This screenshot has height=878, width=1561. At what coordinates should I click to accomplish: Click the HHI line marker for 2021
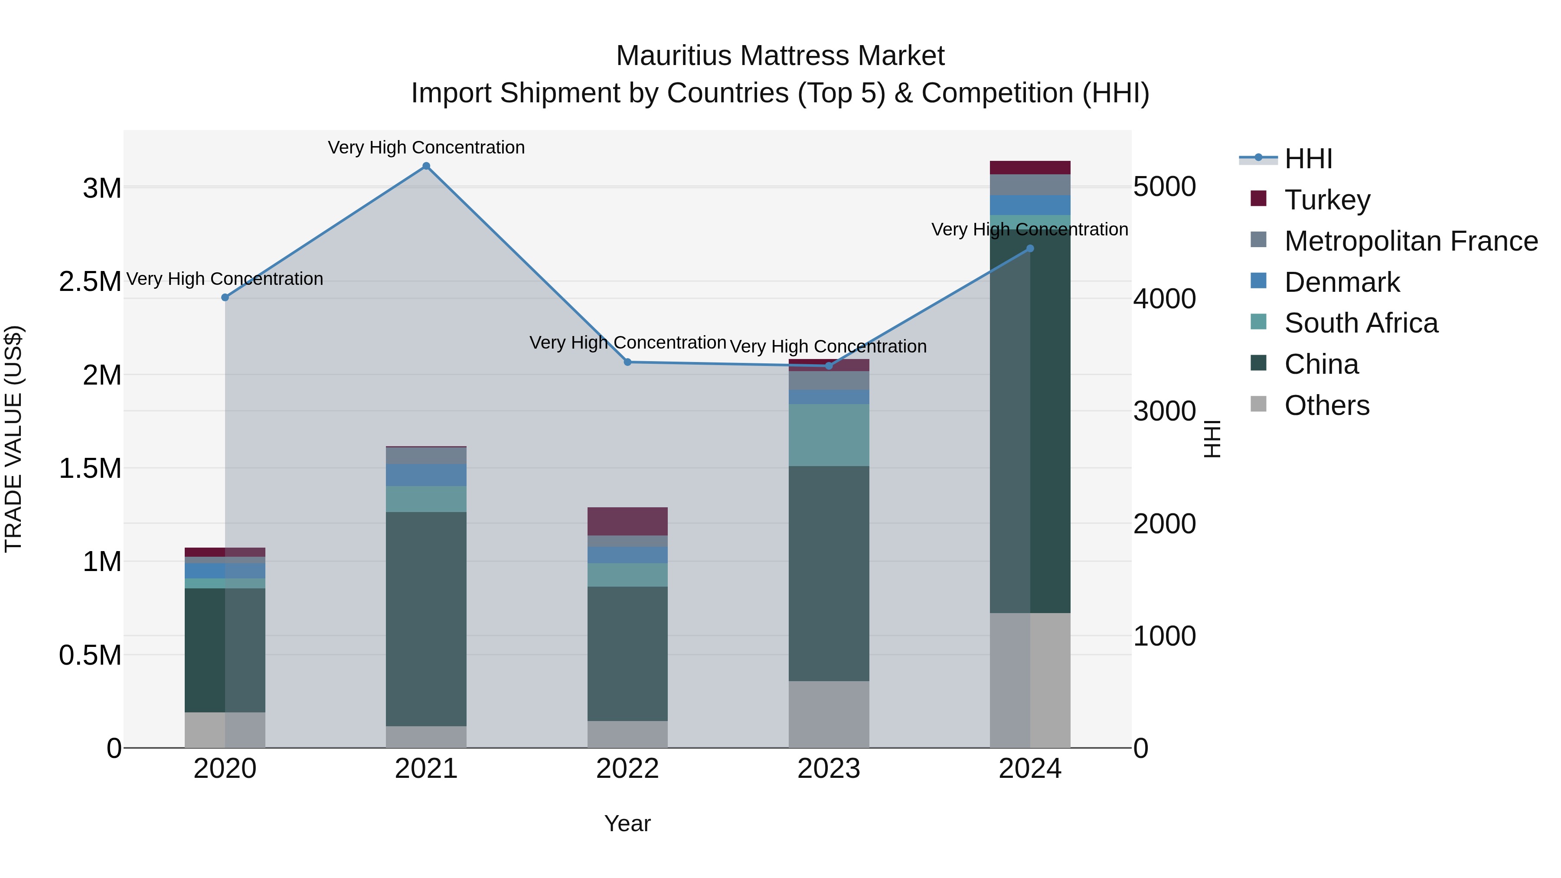[426, 166]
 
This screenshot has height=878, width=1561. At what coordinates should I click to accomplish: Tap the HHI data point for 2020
[225, 297]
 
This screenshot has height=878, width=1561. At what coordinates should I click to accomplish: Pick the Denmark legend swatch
[1259, 281]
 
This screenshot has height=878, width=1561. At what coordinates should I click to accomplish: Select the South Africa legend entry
[1360, 323]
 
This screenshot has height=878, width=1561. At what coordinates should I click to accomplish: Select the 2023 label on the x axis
[828, 769]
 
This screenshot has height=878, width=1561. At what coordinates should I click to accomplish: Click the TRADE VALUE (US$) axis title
[14, 439]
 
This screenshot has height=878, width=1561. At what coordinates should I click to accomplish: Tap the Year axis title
[627, 823]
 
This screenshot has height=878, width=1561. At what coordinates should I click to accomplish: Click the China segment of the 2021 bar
[426, 618]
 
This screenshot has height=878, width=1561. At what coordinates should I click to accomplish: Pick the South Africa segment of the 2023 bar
[828, 434]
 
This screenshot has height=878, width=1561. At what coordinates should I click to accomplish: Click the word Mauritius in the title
[673, 56]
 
